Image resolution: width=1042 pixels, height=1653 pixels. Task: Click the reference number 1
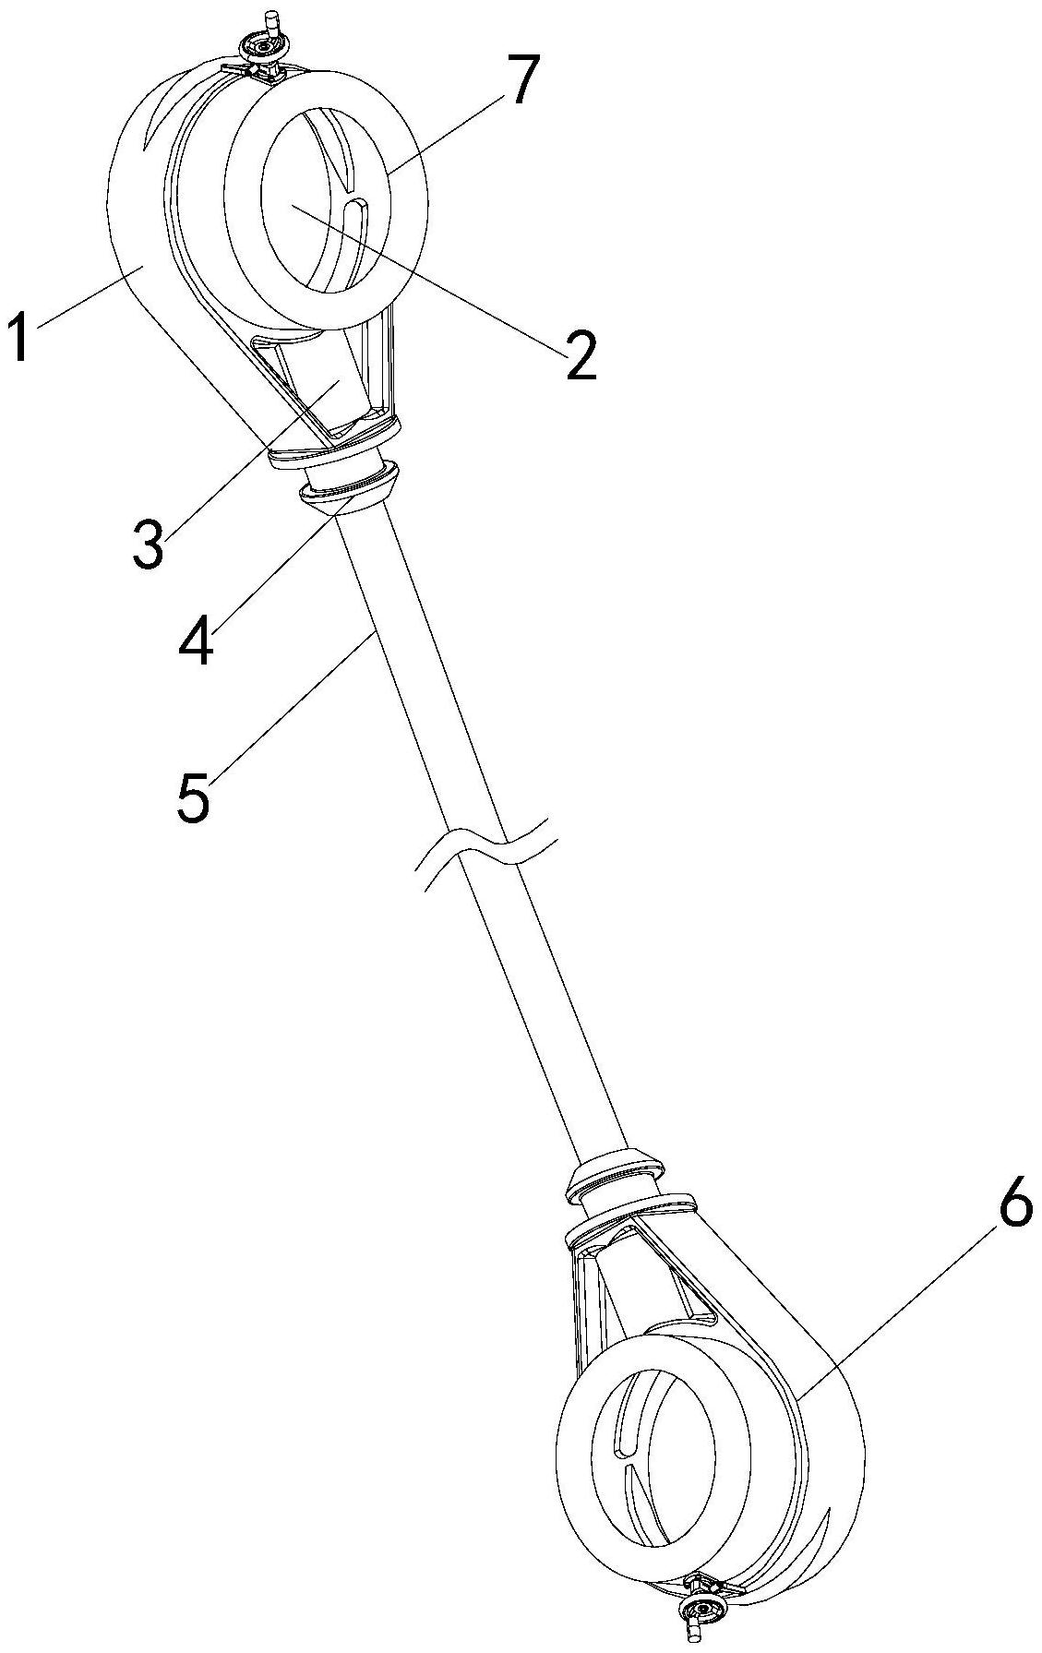click(21, 338)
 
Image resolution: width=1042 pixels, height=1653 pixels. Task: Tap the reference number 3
click(148, 544)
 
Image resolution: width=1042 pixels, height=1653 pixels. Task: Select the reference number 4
click(196, 640)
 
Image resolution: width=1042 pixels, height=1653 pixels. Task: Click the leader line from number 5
click(293, 701)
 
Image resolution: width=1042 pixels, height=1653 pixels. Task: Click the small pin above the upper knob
click(271, 19)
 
